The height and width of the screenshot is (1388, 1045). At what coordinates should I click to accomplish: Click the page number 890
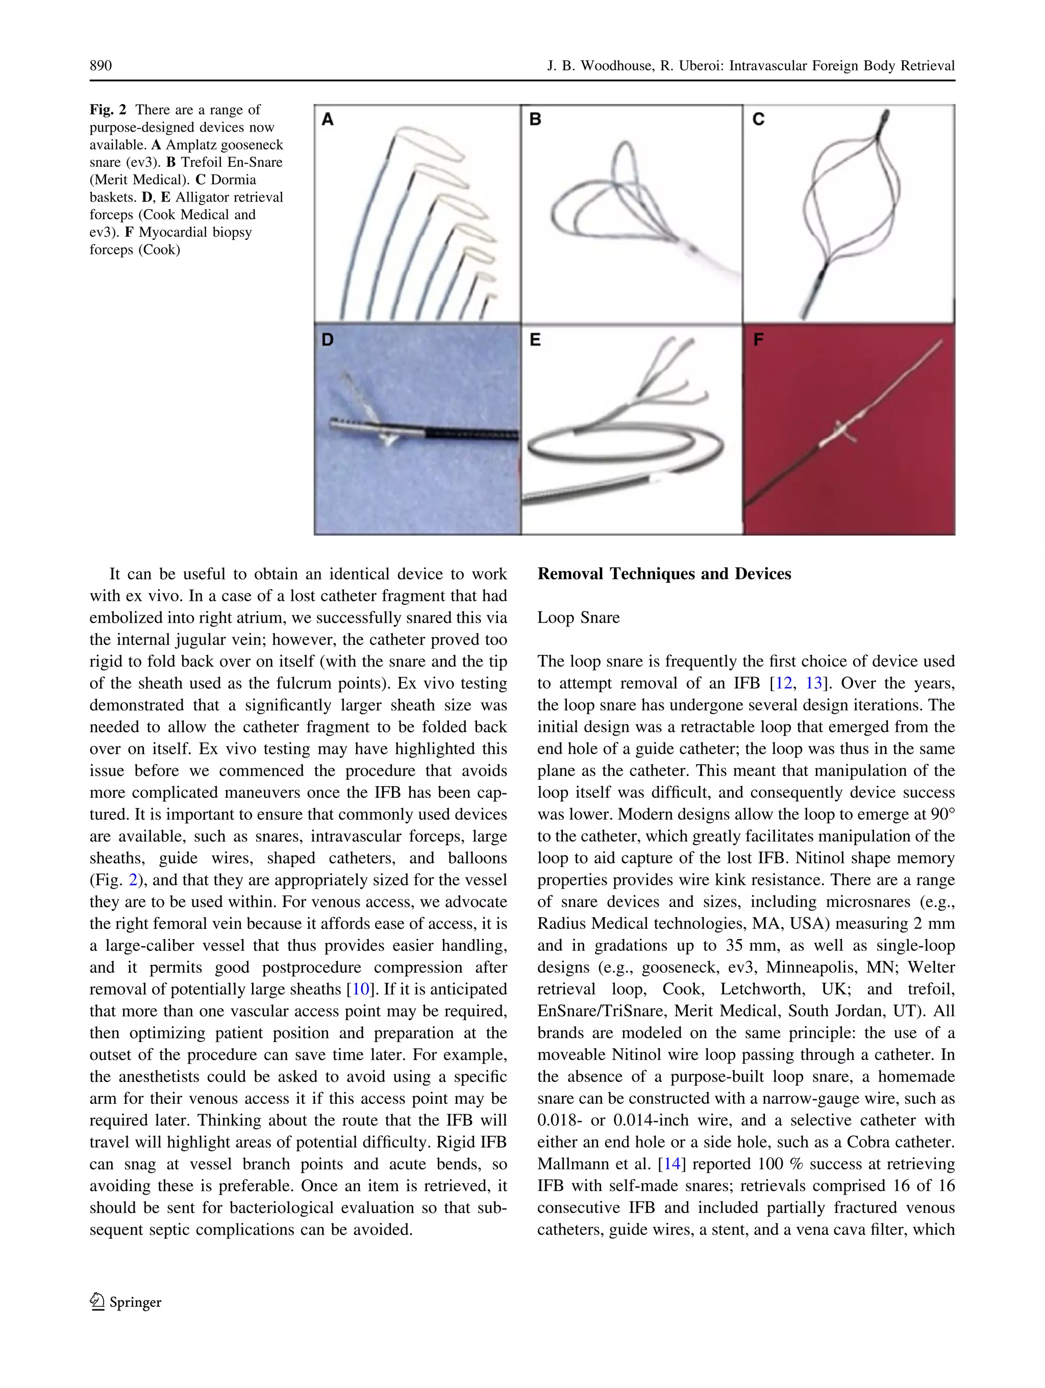(101, 66)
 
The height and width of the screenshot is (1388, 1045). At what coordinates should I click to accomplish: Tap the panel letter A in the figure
(328, 119)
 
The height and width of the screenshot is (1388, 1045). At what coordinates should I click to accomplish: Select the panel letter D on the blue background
(328, 340)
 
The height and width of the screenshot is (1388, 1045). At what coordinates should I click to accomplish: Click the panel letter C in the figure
(758, 119)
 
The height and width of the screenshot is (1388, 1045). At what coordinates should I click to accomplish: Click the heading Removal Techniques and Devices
(664, 574)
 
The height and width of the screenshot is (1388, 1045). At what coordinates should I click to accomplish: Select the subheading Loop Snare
(578, 617)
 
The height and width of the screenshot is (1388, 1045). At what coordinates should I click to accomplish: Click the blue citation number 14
(671, 1164)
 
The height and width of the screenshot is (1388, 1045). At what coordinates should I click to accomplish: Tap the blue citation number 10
(360, 990)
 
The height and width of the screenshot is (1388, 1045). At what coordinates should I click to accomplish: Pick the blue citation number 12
(784, 684)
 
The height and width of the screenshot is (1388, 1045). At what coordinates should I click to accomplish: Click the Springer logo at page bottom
(126, 1303)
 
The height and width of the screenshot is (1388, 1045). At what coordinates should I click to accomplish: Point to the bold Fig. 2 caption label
(107, 110)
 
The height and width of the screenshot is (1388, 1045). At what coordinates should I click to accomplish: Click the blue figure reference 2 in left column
(133, 880)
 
